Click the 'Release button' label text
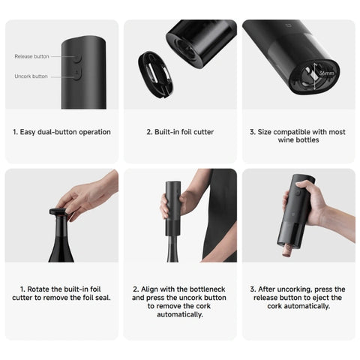pyautogui.click(x=31, y=56)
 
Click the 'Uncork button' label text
pyautogui.click(x=31, y=76)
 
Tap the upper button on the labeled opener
pyautogui.click(x=78, y=58)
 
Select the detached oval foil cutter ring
pyautogui.click(x=155, y=74)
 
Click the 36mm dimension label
pyautogui.click(x=326, y=73)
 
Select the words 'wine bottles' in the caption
pyautogui.click(x=298, y=139)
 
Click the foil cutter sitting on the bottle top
pyautogui.click(x=58, y=211)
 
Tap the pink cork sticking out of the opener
pyautogui.click(x=287, y=250)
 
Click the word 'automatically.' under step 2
pyautogui.click(x=180, y=314)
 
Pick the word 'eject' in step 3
pyautogui.click(x=316, y=298)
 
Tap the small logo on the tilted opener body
pyautogui.click(x=287, y=25)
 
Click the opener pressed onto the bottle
pyautogui.click(x=173, y=208)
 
